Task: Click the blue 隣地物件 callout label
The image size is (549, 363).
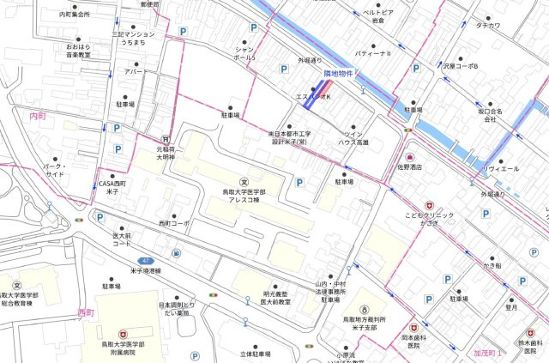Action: pos(314,76)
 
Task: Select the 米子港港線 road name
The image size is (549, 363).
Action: pos(152,269)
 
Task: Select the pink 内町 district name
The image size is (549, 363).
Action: pos(37,115)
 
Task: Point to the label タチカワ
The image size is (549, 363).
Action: pos(487,26)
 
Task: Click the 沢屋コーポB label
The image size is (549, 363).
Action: pos(461,65)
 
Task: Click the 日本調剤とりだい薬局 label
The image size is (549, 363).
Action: pos(177,309)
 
